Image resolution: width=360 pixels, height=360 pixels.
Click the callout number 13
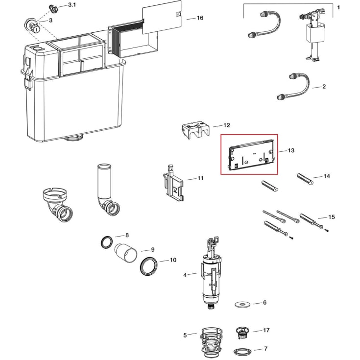coord(291,150)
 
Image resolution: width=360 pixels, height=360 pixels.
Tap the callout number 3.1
coord(72,5)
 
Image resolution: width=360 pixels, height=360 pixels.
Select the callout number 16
coord(200,18)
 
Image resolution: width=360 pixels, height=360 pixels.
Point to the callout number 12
coord(226,125)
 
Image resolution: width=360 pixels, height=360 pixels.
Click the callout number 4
coord(185,275)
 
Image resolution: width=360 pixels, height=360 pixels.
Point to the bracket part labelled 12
coord(196,130)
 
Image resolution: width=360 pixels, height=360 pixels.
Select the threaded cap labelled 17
coord(242,333)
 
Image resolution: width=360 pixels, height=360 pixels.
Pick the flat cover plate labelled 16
coord(162,17)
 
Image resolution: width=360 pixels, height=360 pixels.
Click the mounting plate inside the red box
coord(251,154)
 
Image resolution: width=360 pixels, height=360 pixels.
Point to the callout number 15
coord(331,217)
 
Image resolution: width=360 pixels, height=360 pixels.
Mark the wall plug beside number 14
coord(305,179)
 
